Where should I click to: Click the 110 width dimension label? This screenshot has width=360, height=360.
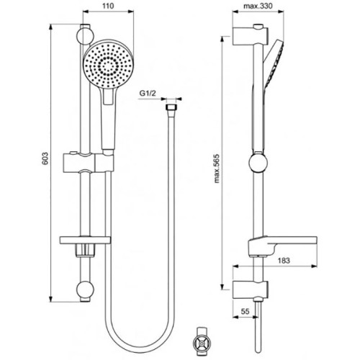(108, 5)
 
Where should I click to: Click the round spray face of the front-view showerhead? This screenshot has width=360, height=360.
(105, 66)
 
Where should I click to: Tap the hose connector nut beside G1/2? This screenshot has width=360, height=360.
(171, 109)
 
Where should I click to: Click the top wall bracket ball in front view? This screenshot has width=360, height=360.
(86, 34)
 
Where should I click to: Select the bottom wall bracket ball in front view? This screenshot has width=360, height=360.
(86, 292)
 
